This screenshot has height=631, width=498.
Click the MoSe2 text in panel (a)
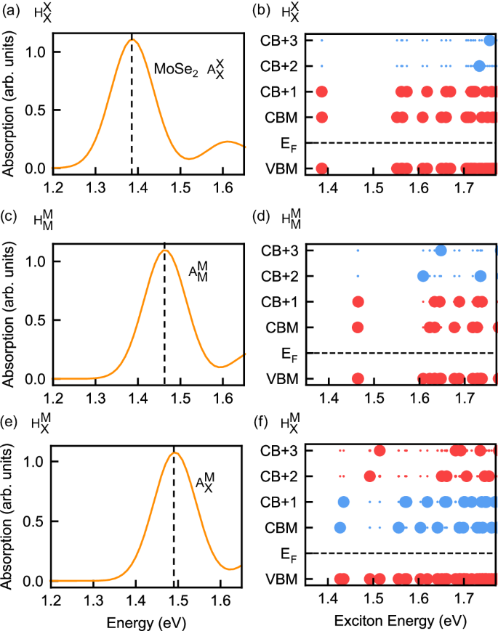click(175, 70)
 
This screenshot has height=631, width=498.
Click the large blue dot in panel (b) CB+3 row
click(490, 40)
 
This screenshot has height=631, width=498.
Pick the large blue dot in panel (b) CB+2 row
click(479, 66)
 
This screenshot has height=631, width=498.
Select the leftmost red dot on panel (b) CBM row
click(322, 117)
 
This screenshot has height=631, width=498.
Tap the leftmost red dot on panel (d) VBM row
click(358, 378)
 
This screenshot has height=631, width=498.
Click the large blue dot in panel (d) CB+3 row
click(441, 251)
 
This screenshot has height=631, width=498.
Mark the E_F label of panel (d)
click(289, 354)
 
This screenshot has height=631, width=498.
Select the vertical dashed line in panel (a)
click(132, 109)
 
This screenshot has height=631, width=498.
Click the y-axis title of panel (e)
click(10, 516)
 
